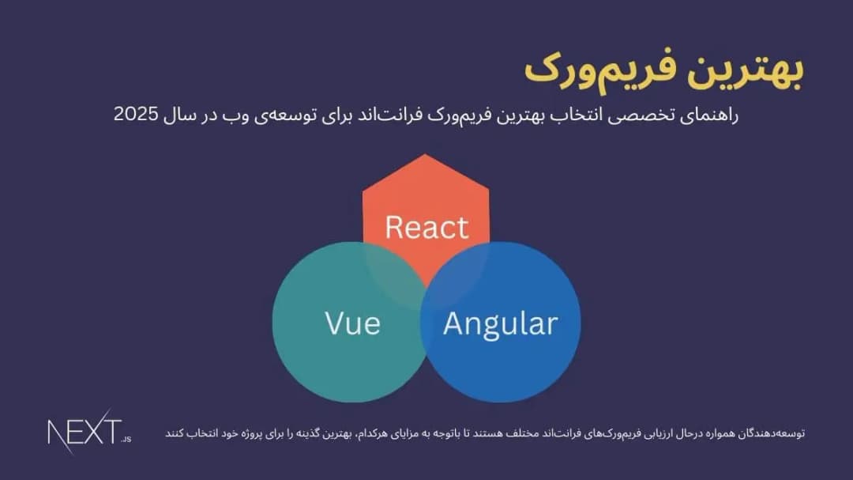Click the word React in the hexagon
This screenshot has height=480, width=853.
(x=426, y=227)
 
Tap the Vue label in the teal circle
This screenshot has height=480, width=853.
(x=352, y=323)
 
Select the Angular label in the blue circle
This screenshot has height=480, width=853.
(x=501, y=325)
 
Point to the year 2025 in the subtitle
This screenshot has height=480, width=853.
(x=136, y=114)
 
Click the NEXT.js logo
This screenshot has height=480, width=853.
(x=89, y=431)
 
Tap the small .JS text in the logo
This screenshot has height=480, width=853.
(x=126, y=439)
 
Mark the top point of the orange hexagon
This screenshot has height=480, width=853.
(x=425, y=154)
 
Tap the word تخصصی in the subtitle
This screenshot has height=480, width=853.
(x=641, y=115)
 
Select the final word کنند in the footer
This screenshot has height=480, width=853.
(x=176, y=433)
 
